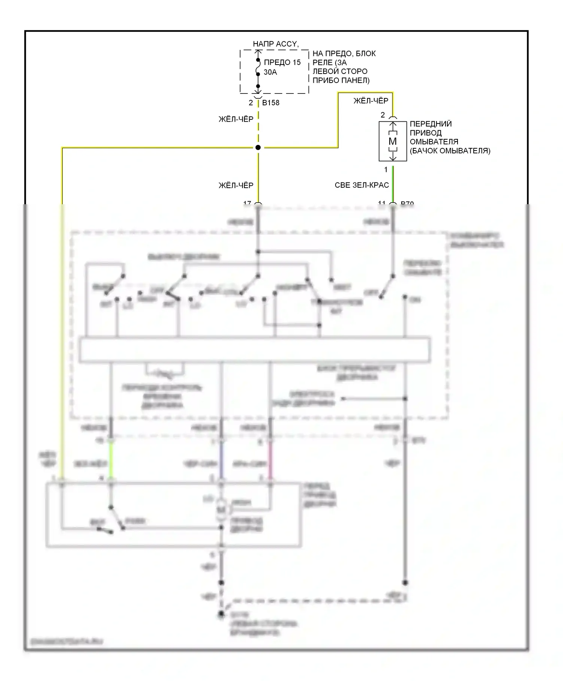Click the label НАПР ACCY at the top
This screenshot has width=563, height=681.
[x=275, y=44]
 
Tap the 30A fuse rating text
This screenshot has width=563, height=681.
[x=270, y=72]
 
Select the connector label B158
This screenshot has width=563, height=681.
[x=271, y=103]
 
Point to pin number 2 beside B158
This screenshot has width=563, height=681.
[x=251, y=103]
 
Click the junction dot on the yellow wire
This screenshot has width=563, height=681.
[x=258, y=148]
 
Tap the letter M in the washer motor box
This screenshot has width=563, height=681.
[x=393, y=142]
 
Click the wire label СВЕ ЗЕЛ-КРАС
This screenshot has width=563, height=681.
[x=362, y=185]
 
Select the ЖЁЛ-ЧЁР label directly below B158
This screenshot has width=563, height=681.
[x=236, y=119]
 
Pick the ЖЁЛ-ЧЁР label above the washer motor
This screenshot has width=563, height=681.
[x=371, y=101]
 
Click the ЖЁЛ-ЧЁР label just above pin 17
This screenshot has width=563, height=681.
[x=236, y=185]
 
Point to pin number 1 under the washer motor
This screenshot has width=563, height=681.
[x=386, y=170]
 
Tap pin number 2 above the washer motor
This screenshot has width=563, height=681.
[x=383, y=115]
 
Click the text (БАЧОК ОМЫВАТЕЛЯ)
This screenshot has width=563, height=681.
[x=450, y=151]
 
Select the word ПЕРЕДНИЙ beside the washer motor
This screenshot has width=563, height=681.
[x=431, y=124]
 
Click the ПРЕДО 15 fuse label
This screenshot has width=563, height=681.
[x=282, y=62]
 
